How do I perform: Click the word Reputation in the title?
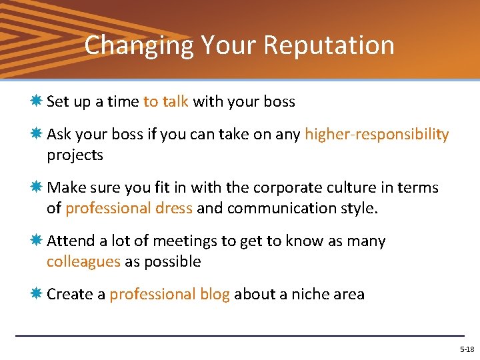coord(329,46)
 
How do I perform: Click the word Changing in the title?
coord(139,46)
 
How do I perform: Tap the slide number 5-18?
coord(467,349)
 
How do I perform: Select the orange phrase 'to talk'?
coord(166,102)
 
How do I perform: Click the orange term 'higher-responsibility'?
coord(377,135)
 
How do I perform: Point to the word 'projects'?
coord(75,155)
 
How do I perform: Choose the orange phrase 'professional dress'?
coord(129,208)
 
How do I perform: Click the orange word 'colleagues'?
coord(83,261)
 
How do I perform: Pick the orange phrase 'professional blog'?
coord(169,294)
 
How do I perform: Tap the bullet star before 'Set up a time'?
coord(36,101)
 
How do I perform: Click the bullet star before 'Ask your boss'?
coord(36,135)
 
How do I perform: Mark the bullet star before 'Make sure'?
coord(36,187)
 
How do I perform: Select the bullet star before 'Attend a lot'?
coord(36,241)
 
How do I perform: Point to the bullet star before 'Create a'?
coord(36,294)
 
